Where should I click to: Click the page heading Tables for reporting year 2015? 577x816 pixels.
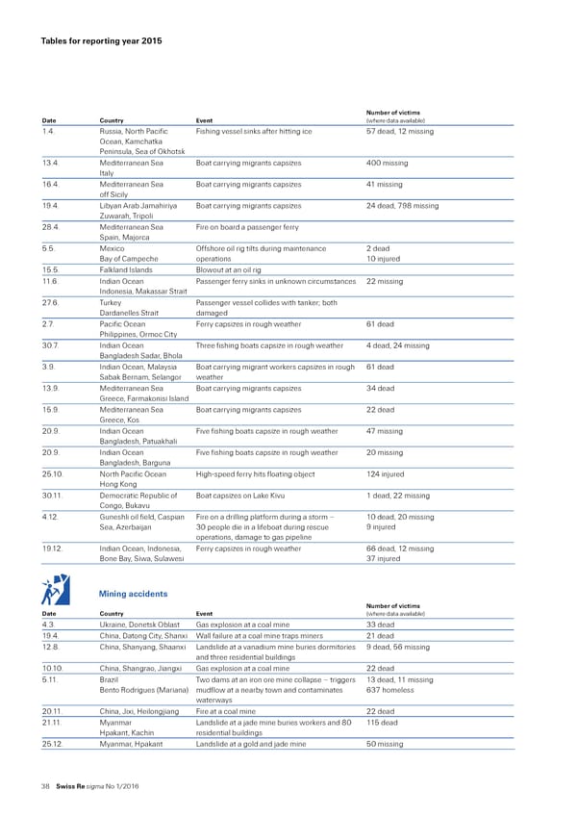click(x=101, y=40)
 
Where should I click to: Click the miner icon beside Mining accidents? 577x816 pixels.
click(x=56, y=587)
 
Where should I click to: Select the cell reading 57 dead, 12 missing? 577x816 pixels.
click(x=400, y=132)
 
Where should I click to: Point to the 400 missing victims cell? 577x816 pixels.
click(x=389, y=163)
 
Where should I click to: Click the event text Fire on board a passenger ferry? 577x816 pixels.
click(x=252, y=226)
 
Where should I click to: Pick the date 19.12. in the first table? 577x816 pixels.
click(x=54, y=548)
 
